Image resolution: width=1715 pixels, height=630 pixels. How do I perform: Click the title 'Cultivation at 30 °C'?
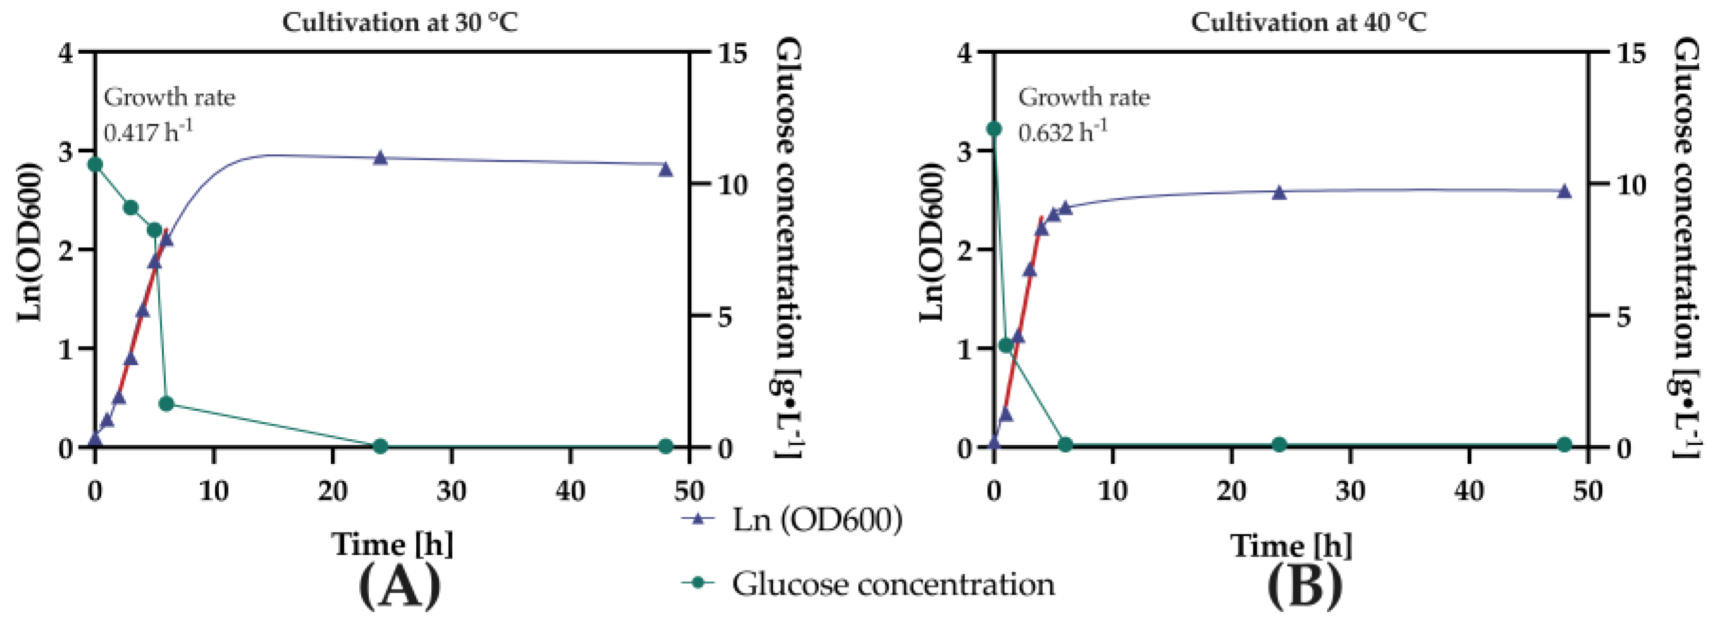pos(400,23)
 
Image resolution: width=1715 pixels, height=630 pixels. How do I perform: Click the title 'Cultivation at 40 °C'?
pos(1308,23)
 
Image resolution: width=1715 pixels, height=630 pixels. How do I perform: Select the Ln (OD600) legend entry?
pos(792,519)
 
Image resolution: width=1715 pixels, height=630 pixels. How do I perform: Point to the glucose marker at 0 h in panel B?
pos(994,128)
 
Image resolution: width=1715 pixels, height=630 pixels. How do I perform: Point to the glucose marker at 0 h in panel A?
pos(95,164)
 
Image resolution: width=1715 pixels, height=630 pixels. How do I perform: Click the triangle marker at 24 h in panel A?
pos(380,159)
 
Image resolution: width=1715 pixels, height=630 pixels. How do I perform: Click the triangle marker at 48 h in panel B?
pos(1564,191)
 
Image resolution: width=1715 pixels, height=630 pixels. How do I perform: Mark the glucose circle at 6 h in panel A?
pos(166,404)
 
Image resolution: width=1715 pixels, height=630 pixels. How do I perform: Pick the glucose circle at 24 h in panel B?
pos(1279,444)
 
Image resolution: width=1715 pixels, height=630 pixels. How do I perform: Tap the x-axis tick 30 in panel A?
pos(452,491)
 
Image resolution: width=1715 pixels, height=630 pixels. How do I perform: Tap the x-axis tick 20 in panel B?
pos(1231,491)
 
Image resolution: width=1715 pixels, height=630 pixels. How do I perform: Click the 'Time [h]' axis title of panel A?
pos(393,544)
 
